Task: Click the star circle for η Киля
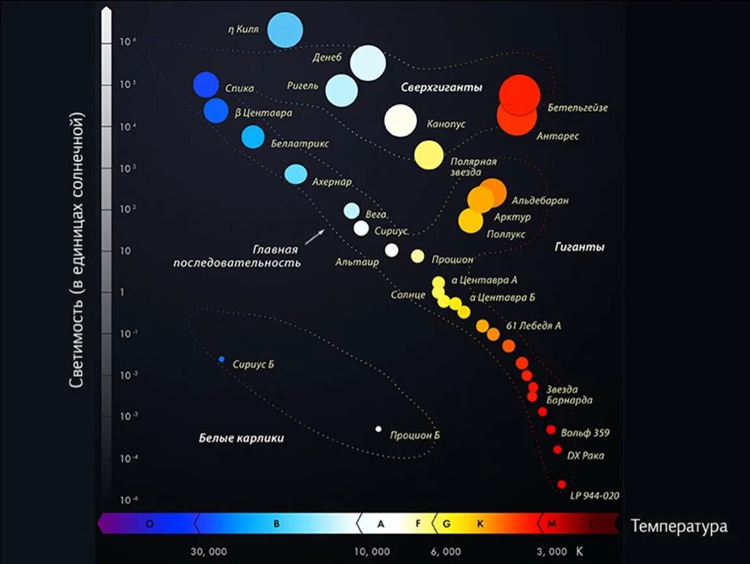pyautogui.click(x=286, y=30)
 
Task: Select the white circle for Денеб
pyautogui.click(x=368, y=63)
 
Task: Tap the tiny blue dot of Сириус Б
pyautogui.click(x=222, y=359)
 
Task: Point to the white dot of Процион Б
pyautogui.click(x=378, y=429)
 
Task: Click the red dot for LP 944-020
pyautogui.click(x=562, y=484)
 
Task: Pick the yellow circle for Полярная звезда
pyautogui.click(x=428, y=155)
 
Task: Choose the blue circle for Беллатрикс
pyautogui.click(x=253, y=137)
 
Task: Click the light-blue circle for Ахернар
pyautogui.click(x=295, y=174)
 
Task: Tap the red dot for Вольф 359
pyautogui.click(x=551, y=430)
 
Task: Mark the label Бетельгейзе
pyautogui.click(x=577, y=108)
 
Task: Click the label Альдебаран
pyautogui.click(x=540, y=201)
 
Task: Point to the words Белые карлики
pyautogui.click(x=241, y=438)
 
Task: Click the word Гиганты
pyautogui.click(x=579, y=247)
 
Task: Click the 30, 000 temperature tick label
pyautogui.click(x=209, y=552)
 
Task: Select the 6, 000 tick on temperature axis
pyautogui.click(x=445, y=552)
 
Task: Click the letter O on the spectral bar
pyautogui.click(x=149, y=524)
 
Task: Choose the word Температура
pyautogui.click(x=678, y=526)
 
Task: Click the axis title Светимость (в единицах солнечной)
pyautogui.click(x=78, y=251)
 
